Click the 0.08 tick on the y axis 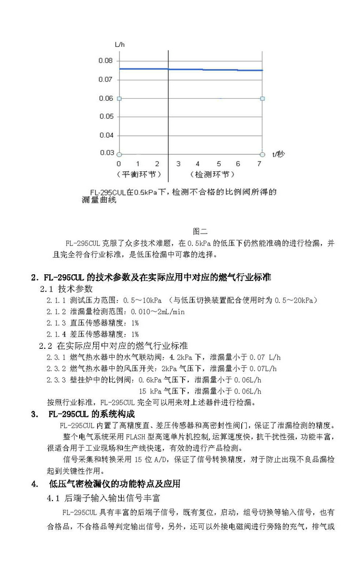(105, 61)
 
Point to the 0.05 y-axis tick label (105, 117)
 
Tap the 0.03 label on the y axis (106, 152)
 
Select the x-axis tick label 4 (198, 164)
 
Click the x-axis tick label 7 (259, 164)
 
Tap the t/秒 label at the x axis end (278, 154)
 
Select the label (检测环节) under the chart (210, 175)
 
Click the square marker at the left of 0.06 (119, 98)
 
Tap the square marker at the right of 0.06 (262, 98)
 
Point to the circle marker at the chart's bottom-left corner (119, 154)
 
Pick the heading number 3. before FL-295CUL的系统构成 (34, 414)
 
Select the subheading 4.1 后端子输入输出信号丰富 (104, 498)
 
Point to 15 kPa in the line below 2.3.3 (151, 391)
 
